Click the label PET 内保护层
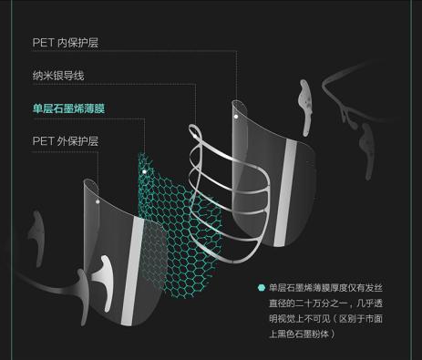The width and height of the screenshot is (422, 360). pos(65,41)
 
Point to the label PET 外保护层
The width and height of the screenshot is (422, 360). pos(65,141)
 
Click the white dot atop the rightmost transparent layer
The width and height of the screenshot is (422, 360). pos(236,117)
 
